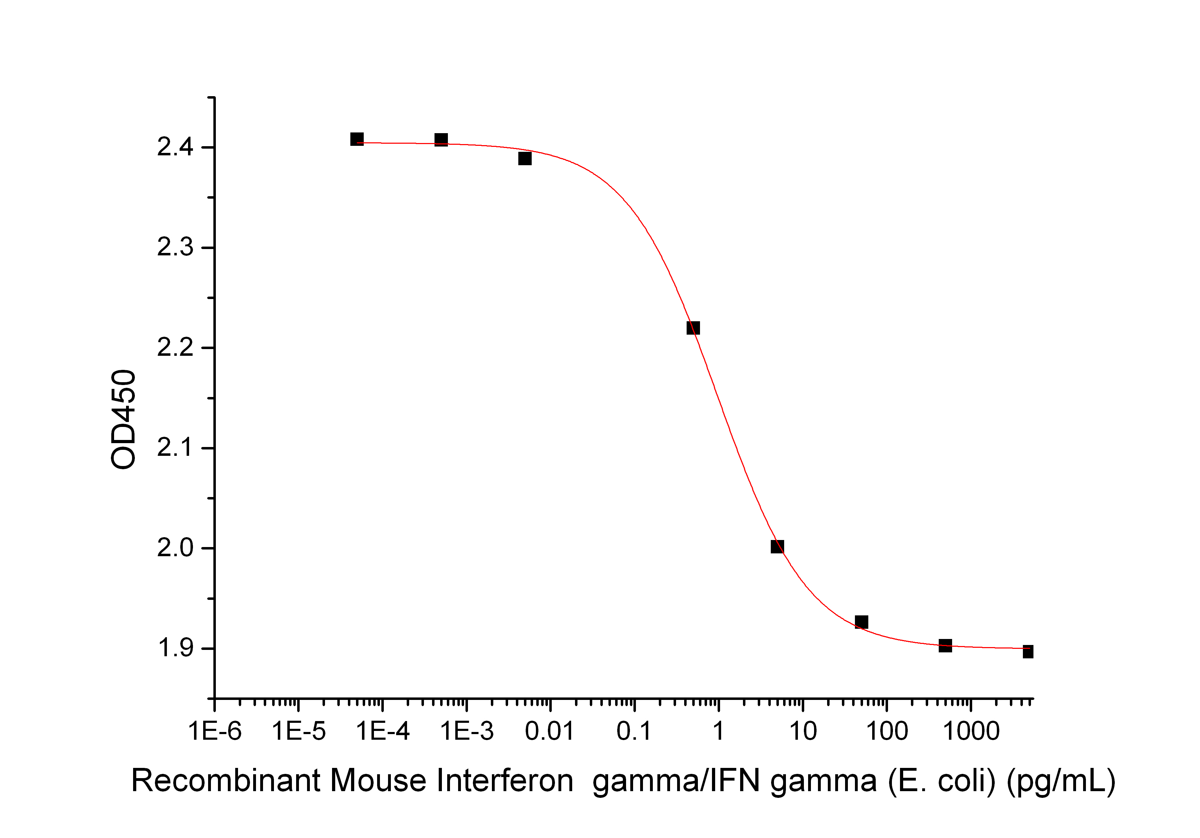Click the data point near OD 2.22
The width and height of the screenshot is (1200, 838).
click(x=693, y=328)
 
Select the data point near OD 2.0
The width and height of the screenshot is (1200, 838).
click(x=777, y=547)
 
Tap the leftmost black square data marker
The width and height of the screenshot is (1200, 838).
click(x=357, y=139)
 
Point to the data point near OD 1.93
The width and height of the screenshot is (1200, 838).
click(x=861, y=622)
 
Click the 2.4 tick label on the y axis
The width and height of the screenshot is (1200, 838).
click(x=175, y=148)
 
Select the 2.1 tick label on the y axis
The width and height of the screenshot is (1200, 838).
click(x=175, y=448)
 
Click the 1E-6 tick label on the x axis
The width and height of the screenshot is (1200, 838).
click(x=215, y=731)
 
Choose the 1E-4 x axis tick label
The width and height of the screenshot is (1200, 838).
click(x=383, y=731)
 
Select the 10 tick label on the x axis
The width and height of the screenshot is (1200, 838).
click(x=803, y=731)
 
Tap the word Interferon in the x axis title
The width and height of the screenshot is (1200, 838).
click(x=505, y=781)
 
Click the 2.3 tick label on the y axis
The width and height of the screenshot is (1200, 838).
click(x=175, y=247)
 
